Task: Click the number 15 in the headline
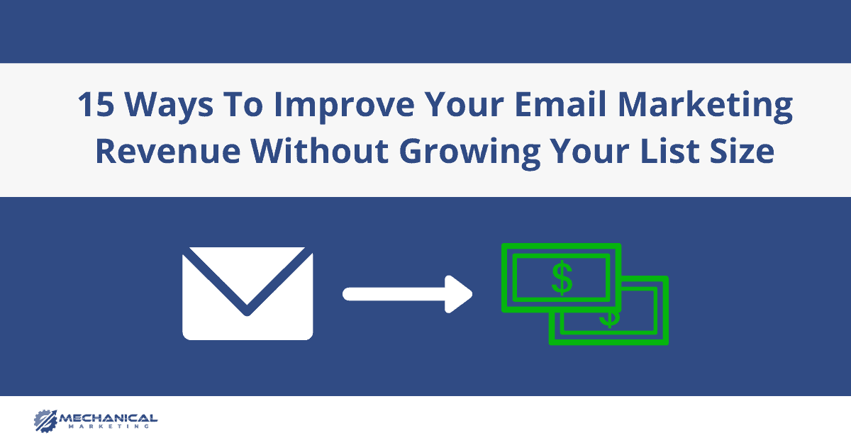pos(96,104)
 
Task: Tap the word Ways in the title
pos(169,107)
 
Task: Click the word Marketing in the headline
pos(706,107)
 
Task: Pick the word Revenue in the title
pos(168,151)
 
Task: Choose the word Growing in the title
pos(469,154)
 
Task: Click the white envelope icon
pos(247,294)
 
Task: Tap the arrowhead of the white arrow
pos(459,294)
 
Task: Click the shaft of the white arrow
pos(394,294)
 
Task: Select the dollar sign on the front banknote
pos(562,278)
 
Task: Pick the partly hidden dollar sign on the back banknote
pos(610,320)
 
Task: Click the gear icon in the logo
pos(45,421)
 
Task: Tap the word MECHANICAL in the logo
pos(109,418)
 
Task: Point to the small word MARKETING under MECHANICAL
pos(109,427)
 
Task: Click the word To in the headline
pos(243,104)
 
